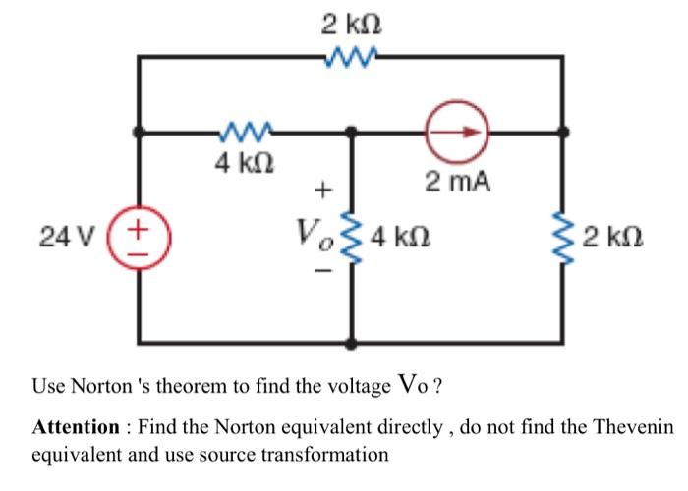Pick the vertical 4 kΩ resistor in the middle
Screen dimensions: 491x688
click(351, 237)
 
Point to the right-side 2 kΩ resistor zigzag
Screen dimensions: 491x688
click(563, 237)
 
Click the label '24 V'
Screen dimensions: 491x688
click(67, 237)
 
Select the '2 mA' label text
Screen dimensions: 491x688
click(457, 182)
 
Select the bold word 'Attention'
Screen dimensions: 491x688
click(75, 428)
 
